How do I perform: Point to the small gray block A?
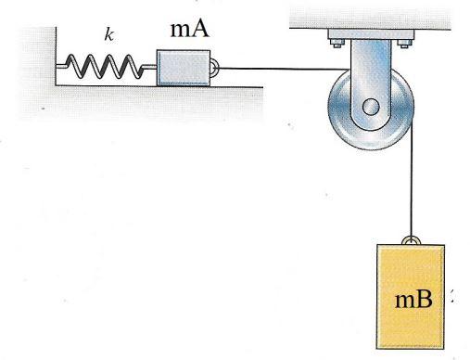tap(184, 68)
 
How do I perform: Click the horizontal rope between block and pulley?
tap(269, 67)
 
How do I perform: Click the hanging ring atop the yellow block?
tap(409, 240)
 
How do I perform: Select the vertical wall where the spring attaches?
tap(56, 56)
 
